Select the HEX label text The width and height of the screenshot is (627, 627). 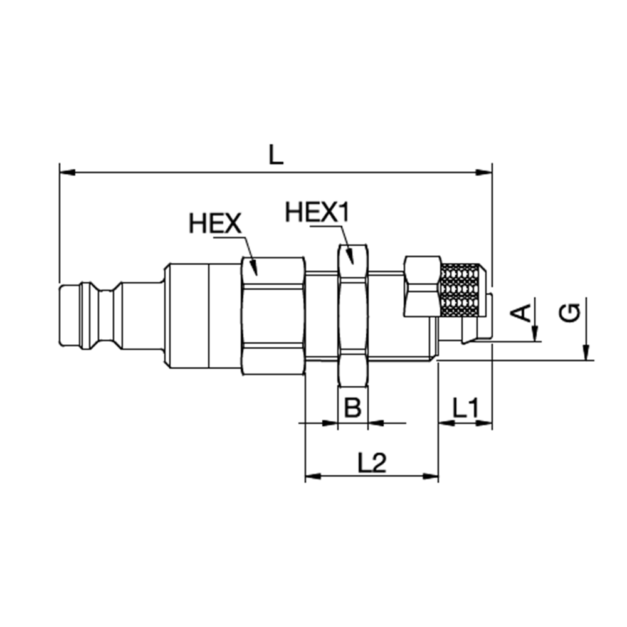pos(216,224)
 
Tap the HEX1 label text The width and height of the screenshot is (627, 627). pos(317,213)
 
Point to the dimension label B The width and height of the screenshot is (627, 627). pos(353,408)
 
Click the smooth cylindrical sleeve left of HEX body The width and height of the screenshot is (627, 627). pos(202,315)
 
